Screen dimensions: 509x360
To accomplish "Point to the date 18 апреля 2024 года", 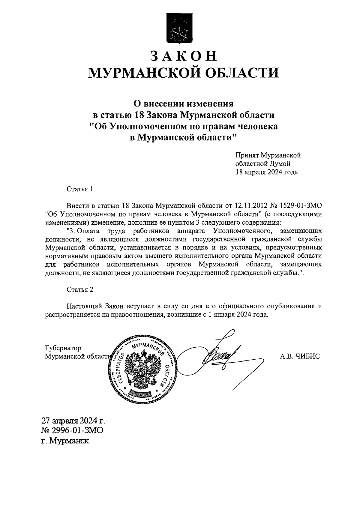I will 267,172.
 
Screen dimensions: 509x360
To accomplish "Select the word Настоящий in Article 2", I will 84,306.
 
